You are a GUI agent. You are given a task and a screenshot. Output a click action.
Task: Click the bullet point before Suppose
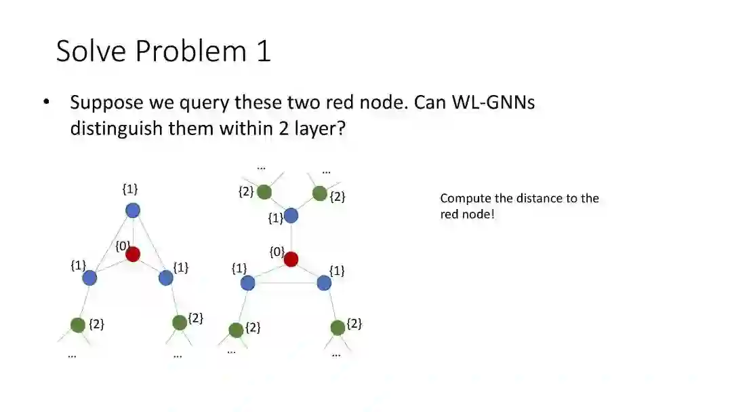point(46,102)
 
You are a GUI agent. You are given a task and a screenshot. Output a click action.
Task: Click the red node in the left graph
point(133,255)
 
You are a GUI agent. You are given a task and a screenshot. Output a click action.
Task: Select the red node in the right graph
point(291,259)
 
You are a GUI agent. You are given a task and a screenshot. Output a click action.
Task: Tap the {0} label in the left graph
point(121,246)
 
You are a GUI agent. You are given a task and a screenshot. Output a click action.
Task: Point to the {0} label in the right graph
point(277,252)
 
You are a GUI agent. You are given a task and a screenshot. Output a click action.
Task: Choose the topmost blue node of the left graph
point(133,210)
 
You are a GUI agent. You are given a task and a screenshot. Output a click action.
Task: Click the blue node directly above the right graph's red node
point(291,216)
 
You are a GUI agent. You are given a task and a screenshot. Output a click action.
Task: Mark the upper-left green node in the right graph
point(264,193)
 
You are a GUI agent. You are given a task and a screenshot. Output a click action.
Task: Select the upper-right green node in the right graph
point(320,194)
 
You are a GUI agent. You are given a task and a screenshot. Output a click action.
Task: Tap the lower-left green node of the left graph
point(78,325)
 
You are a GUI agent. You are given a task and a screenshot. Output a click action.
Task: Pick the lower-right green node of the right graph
point(338,328)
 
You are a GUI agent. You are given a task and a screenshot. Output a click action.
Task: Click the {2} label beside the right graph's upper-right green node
point(338,197)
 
